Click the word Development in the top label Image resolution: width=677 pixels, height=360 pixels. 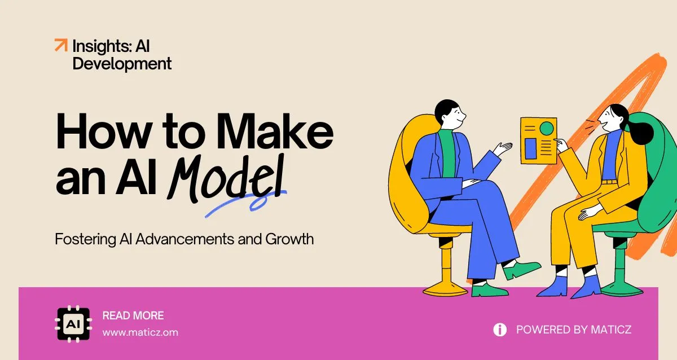(122, 64)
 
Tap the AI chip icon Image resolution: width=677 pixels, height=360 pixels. (73, 324)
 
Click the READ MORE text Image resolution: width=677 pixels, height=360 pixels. (133, 316)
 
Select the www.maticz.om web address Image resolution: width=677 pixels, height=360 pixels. (140, 332)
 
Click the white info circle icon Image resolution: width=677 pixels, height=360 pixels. (500, 330)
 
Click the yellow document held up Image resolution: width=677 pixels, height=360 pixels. (538, 140)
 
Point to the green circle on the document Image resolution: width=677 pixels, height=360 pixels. (546, 128)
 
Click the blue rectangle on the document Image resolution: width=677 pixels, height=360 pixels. (530, 148)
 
